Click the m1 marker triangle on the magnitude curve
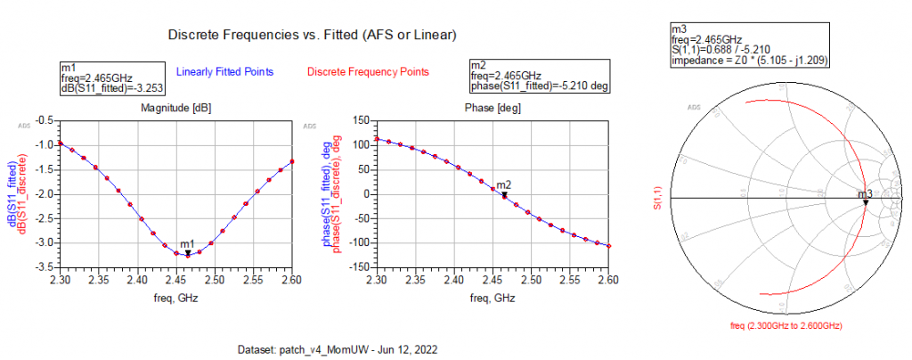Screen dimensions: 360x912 (187, 253)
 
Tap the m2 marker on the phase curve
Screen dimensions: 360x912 (504, 193)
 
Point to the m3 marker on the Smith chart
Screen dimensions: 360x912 (865, 202)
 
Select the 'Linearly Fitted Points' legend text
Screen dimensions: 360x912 (224, 71)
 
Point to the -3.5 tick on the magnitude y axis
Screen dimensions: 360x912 (41, 267)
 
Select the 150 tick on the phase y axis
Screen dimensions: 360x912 (361, 144)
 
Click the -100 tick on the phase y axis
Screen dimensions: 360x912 (358, 243)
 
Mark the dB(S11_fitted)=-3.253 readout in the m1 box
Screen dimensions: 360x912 (112, 88)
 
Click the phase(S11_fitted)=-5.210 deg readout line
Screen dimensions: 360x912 (538, 87)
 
